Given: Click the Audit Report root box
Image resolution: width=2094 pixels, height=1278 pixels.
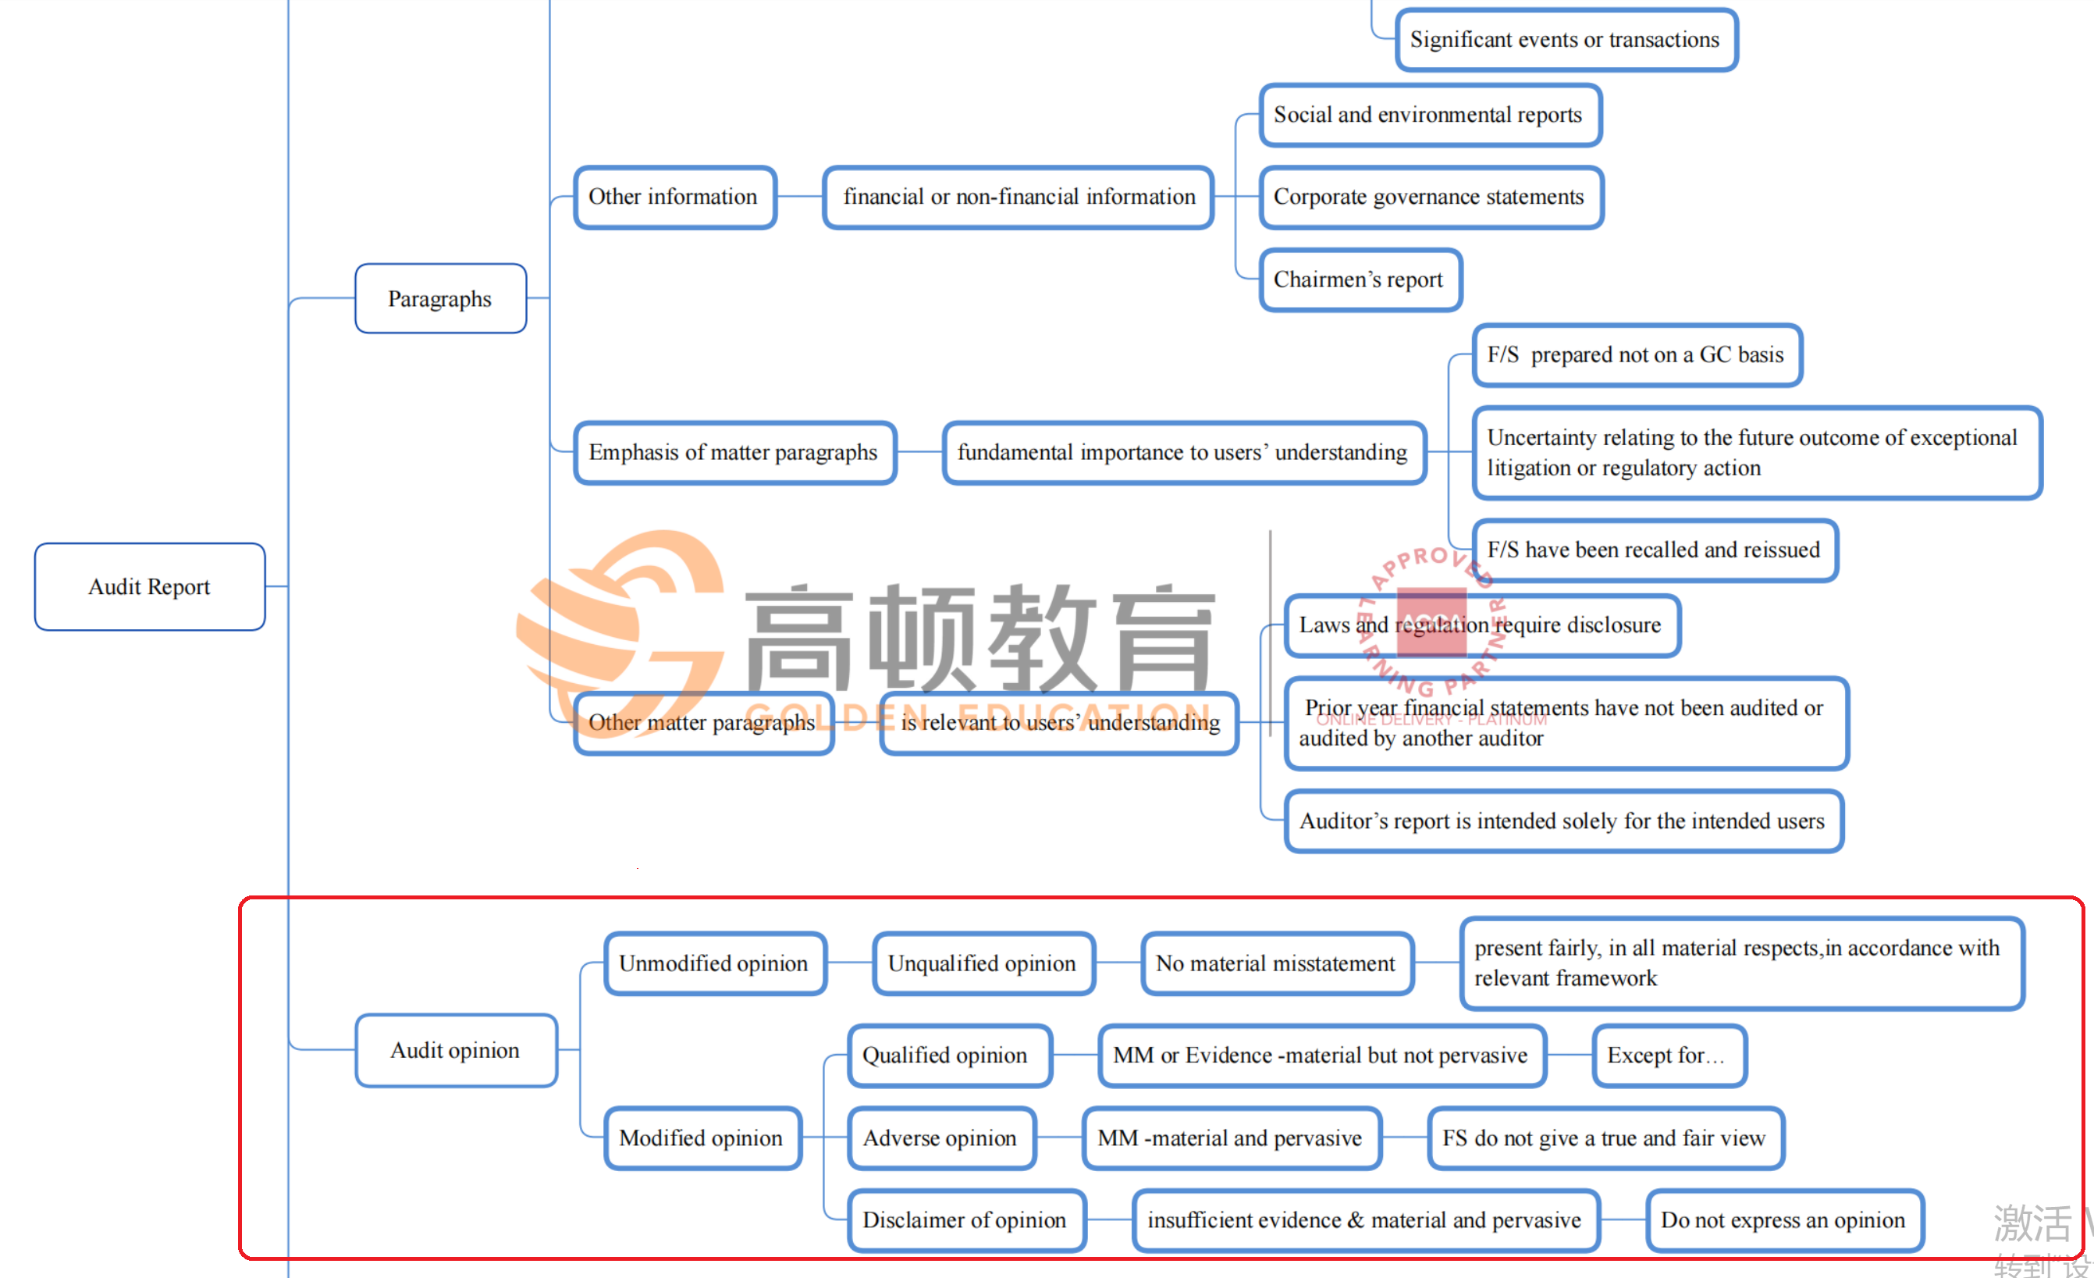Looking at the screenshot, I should coord(150,587).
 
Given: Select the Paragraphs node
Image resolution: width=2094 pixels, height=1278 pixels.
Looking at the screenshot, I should coord(440,298).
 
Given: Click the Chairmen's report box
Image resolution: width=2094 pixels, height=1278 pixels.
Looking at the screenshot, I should coord(1360,279).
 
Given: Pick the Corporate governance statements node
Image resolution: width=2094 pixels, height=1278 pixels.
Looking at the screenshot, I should coord(1431,198).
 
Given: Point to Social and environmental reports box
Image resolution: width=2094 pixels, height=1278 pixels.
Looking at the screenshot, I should coord(1429,115).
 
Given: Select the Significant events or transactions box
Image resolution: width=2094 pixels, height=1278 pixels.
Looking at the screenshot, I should coord(1566,40).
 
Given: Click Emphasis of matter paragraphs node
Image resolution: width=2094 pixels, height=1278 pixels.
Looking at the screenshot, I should coord(734,452).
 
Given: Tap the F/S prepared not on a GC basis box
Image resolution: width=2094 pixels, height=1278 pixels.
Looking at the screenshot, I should coord(1636,354).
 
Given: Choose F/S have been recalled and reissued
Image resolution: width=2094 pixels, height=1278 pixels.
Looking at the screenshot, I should coord(1654,550).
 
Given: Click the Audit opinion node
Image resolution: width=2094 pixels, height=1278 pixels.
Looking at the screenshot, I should coord(457,1050).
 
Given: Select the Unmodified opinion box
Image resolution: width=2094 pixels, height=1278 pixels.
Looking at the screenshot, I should coord(715,963).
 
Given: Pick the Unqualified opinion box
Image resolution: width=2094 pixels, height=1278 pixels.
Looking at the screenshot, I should coord(983,963).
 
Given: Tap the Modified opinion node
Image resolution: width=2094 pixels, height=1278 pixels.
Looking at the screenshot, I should coord(702,1137).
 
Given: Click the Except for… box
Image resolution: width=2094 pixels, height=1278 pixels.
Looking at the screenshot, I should coord(1668,1056).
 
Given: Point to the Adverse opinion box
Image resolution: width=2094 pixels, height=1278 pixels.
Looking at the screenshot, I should coord(940,1137).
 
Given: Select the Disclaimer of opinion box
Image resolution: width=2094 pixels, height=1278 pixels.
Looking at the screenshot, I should coord(966,1220).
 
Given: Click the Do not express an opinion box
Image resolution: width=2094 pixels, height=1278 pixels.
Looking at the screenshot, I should coord(1784,1220).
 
